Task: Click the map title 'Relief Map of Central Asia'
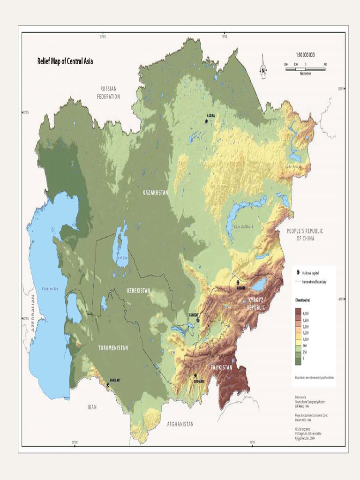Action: coord(65,61)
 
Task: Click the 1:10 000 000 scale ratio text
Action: coord(305,55)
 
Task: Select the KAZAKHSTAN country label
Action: coord(155,193)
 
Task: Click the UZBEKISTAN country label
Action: coord(138,291)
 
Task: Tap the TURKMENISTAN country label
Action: coord(113,348)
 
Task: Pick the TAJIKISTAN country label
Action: coord(221,368)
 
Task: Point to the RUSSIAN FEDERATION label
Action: coord(108,92)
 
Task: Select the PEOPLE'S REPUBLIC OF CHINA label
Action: coord(305,235)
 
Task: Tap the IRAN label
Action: coord(92,407)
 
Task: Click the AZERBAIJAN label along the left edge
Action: coord(33,314)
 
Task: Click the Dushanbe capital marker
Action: coord(195,375)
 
